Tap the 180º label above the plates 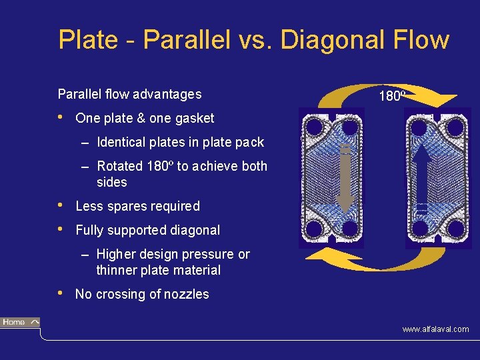(391, 97)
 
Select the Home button (20, 323)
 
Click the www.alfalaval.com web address (435, 329)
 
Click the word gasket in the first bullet (195, 119)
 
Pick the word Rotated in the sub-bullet (119, 167)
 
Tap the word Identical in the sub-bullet (122, 143)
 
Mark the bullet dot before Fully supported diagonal (61, 229)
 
